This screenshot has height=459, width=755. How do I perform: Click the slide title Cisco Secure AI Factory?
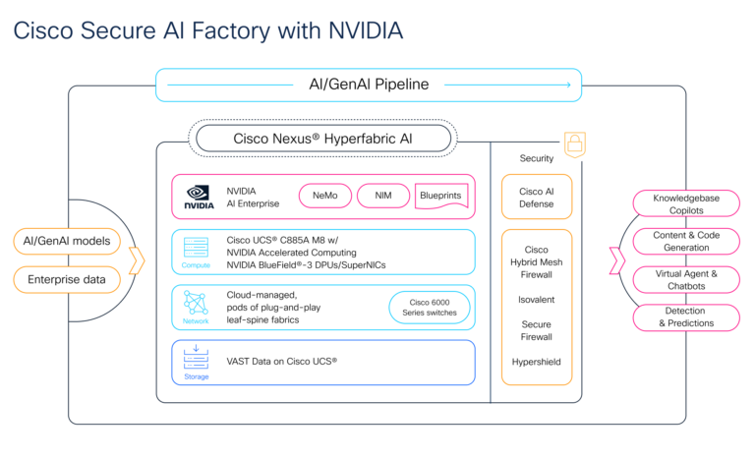point(207,31)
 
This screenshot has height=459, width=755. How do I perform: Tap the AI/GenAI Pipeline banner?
point(369,85)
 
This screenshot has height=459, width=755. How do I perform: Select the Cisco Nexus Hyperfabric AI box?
point(322,139)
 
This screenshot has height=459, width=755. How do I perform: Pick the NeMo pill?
point(322,197)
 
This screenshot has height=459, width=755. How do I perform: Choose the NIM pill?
point(381,197)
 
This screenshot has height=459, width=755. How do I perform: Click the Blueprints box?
point(439,197)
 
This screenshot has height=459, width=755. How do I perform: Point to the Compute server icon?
point(196,248)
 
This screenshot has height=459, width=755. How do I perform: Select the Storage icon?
point(196,358)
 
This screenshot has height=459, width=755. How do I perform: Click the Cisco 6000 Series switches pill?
point(429,308)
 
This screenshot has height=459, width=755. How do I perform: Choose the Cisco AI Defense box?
point(536,198)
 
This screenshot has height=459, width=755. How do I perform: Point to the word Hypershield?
point(536,362)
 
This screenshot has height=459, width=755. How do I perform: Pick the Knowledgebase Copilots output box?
point(685,204)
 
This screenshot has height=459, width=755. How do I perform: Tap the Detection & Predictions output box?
point(685,317)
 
